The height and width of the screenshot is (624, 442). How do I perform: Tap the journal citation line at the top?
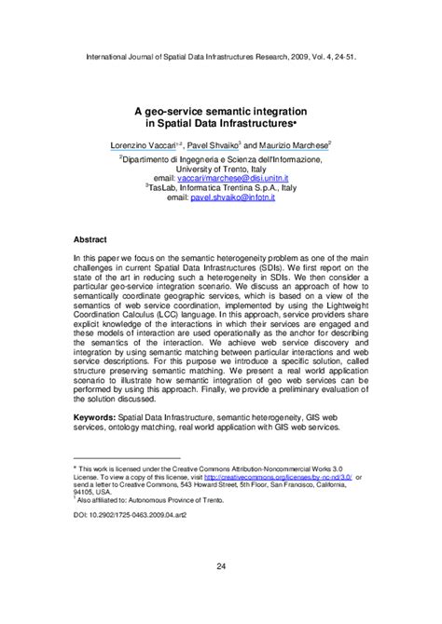220,56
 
